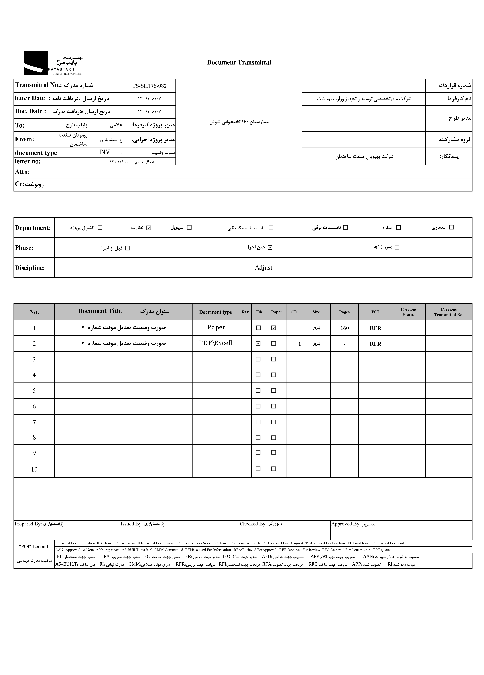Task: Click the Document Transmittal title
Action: point(239,62)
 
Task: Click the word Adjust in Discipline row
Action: point(263,268)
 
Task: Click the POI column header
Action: point(375,312)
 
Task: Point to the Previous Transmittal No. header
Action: point(449,312)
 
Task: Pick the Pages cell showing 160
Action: point(344,328)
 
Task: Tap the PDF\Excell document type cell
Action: point(215,343)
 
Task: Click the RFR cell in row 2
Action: point(375,344)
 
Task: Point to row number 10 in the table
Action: point(34,469)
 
